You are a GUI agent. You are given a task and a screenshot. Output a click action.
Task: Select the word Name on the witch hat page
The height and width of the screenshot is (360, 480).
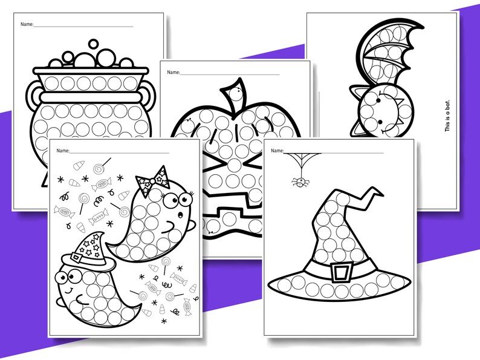click(277, 150)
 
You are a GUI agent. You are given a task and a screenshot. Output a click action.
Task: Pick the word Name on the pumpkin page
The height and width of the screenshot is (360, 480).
click(173, 73)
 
